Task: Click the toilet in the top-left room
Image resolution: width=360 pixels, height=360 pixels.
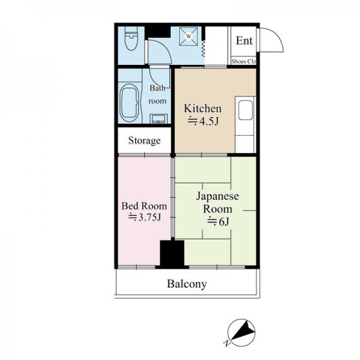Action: click(131, 38)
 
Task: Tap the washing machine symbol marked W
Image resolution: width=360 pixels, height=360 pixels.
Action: click(188, 36)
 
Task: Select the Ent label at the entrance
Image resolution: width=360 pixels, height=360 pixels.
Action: click(244, 41)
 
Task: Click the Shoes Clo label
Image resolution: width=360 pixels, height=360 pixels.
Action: click(244, 61)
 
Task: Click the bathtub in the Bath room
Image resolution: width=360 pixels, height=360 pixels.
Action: click(129, 103)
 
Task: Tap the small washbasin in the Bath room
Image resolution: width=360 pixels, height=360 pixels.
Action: click(158, 119)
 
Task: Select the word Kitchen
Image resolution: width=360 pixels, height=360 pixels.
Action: click(203, 109)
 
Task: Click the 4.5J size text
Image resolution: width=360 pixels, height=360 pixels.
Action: click(203, 121)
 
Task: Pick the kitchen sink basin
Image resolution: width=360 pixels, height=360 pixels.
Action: click(245, 110)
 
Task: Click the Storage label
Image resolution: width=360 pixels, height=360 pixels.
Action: click(145, 140)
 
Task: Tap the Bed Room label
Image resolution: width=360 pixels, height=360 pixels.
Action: click(144, 206)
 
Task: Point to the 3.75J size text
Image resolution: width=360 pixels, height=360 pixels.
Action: click(145, 217)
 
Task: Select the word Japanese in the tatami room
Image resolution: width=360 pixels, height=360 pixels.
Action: click(218, 197)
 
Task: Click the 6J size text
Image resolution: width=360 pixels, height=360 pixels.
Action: click(218, 221)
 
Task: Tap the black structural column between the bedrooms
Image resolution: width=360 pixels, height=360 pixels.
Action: click(172, 254)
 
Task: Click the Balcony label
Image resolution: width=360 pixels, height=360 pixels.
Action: click(187, 284)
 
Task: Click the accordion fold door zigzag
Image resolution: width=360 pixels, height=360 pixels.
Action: click(203, 49)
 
